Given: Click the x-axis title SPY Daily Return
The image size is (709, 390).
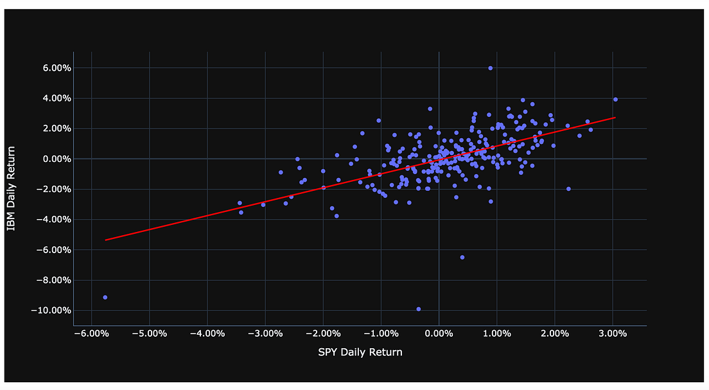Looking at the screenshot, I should point(360,352).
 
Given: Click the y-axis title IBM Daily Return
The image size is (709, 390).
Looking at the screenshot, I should point(12,189).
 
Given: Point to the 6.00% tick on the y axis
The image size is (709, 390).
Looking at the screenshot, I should point(54,68).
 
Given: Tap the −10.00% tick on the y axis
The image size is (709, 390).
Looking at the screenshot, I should point(51,310).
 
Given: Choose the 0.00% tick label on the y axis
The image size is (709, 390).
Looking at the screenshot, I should point(54,159).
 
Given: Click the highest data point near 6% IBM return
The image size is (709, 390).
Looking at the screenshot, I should point(490,68).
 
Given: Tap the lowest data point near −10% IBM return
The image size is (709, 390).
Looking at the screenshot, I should point(419,309).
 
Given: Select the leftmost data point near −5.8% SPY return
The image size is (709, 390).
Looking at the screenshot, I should point(105,297).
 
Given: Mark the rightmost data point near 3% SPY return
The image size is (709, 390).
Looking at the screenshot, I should point(615,99).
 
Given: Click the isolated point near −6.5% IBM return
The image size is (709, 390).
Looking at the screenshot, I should point(462,257).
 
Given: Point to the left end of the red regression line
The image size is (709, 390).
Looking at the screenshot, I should point(106,240).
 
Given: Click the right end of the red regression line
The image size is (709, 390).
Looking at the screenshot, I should point(615,118).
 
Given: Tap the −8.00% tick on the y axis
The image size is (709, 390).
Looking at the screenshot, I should point(53,280).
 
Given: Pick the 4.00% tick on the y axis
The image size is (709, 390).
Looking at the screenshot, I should point(54,98).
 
